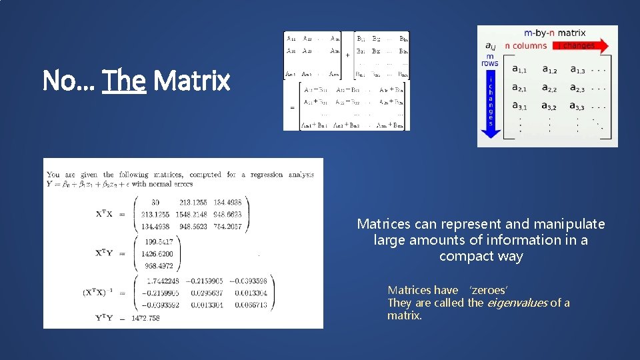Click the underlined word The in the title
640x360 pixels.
coord(124,81)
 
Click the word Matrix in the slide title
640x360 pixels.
coord(191,81)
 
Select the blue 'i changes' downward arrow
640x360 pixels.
coord(491,104)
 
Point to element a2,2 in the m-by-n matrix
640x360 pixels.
coord(549,88)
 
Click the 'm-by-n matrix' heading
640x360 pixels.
coord(555,33)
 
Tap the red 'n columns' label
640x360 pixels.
coord(525,46)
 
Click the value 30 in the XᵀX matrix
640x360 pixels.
coord(155,202)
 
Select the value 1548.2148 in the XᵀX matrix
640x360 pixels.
coord(193,214)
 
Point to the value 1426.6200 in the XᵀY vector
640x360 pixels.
coord(157,253)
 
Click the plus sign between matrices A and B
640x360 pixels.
coord(347,56)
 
